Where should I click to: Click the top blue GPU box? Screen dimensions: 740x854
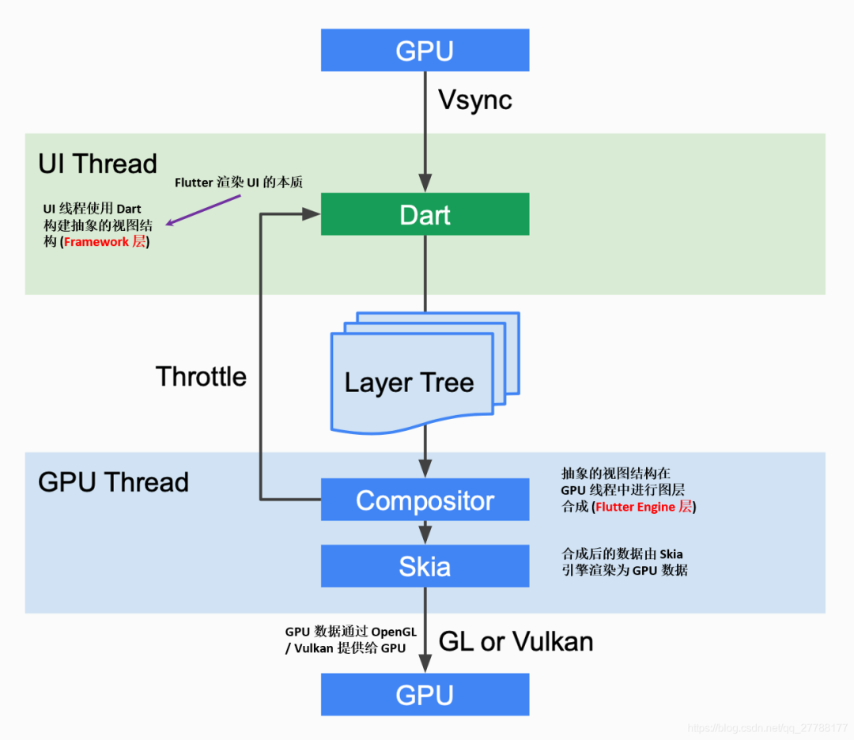[425, 51]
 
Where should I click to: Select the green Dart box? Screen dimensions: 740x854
[425, 214]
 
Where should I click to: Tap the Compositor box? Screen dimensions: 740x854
[425, 500]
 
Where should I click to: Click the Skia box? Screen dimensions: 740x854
[425, 566]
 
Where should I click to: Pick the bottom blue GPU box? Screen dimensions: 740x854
[425, 695]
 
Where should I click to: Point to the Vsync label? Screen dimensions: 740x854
[475, 100]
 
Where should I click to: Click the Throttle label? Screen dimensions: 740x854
[201, 376]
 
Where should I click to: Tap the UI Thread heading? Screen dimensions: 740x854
[97, 164]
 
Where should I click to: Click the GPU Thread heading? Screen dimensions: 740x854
[113, 482]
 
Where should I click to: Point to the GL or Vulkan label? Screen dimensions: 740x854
[516, 641]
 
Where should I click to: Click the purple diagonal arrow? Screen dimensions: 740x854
[204, 211]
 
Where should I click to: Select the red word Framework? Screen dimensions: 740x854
[96, 242]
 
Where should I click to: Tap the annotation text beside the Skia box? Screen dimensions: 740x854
[625, 561]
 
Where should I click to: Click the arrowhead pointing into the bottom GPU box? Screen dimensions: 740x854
[425, 666]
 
